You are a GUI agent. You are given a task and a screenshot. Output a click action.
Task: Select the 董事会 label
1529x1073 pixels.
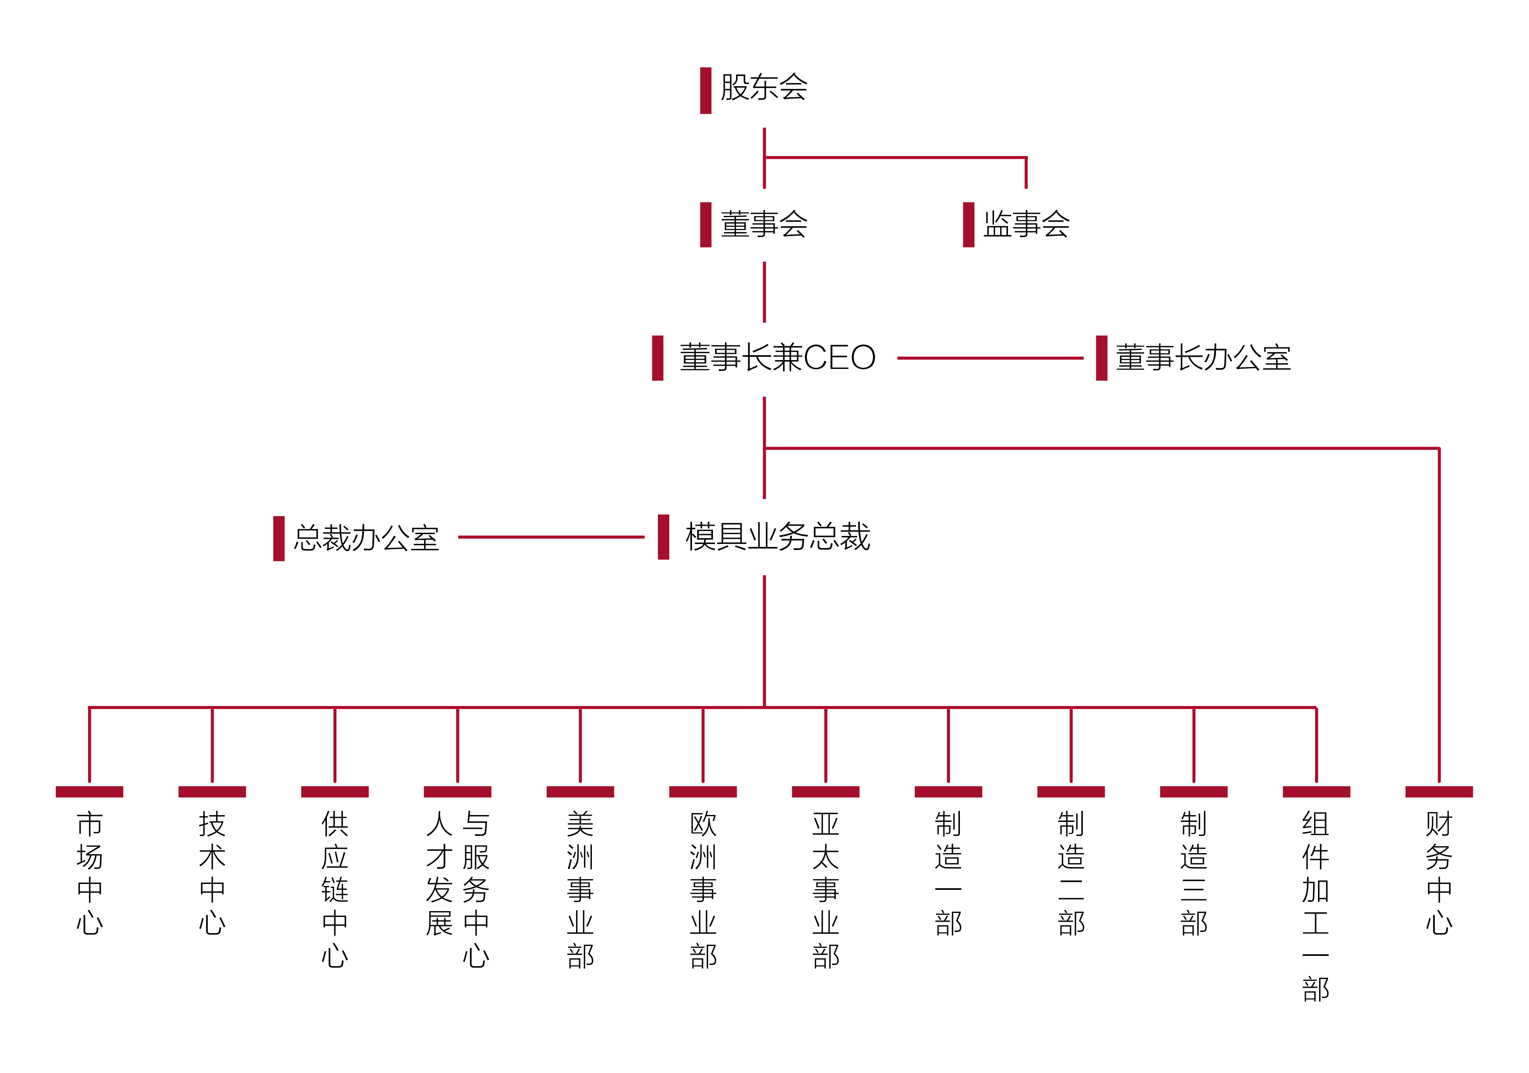[764, 224]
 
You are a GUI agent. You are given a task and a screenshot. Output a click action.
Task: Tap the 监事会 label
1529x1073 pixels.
[1026, 224]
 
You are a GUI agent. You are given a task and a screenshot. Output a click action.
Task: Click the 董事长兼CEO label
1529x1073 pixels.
[777, 358]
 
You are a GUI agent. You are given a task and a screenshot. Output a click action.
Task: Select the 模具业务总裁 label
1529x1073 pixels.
[777, 537]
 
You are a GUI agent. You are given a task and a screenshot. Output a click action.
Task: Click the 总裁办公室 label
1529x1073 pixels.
[366, 538]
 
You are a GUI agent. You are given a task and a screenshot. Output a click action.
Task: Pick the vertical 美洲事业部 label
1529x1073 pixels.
[580, 889]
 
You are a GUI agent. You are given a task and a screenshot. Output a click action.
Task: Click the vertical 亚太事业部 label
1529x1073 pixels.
[825, 889]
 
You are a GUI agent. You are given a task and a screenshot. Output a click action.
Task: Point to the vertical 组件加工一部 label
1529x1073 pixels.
[1316, 906]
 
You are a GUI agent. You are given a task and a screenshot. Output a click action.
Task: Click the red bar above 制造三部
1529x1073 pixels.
[1193, 791]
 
